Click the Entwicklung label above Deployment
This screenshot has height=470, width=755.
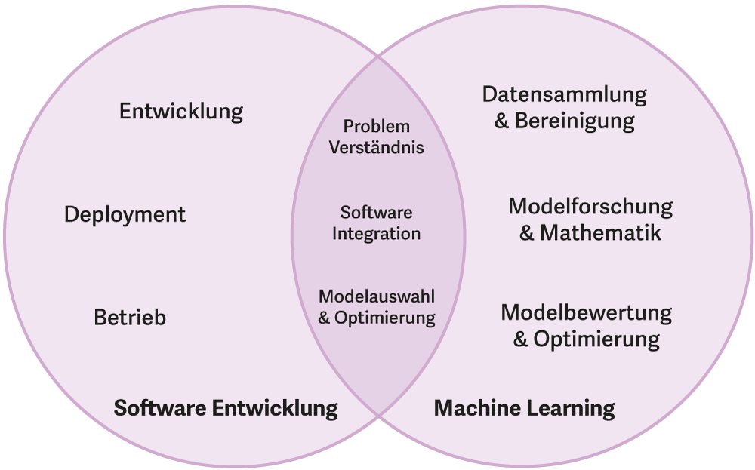[181, 112]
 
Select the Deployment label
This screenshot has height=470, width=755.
[125, 214]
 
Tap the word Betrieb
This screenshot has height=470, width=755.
[130, 318]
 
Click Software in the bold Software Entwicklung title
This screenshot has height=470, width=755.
[160, 408]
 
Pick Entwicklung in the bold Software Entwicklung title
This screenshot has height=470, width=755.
[275, 408]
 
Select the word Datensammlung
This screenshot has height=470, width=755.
[565, 94]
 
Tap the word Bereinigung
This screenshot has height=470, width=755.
[575, 121]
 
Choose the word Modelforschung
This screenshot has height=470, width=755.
[590, 206]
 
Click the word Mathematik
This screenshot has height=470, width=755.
[600, 232]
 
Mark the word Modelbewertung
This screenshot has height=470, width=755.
[587, 312]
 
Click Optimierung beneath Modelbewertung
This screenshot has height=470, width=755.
[596, 339]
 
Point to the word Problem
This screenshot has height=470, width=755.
[376, 127]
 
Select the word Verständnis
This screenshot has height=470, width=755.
[376, 147]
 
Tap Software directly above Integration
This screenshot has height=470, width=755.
[376, 213]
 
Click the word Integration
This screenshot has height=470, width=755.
[376, 234]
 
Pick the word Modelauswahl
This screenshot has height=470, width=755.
[376, 296]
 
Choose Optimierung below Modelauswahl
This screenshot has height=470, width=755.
[385, 318]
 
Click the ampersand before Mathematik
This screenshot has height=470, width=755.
[527, 232]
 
